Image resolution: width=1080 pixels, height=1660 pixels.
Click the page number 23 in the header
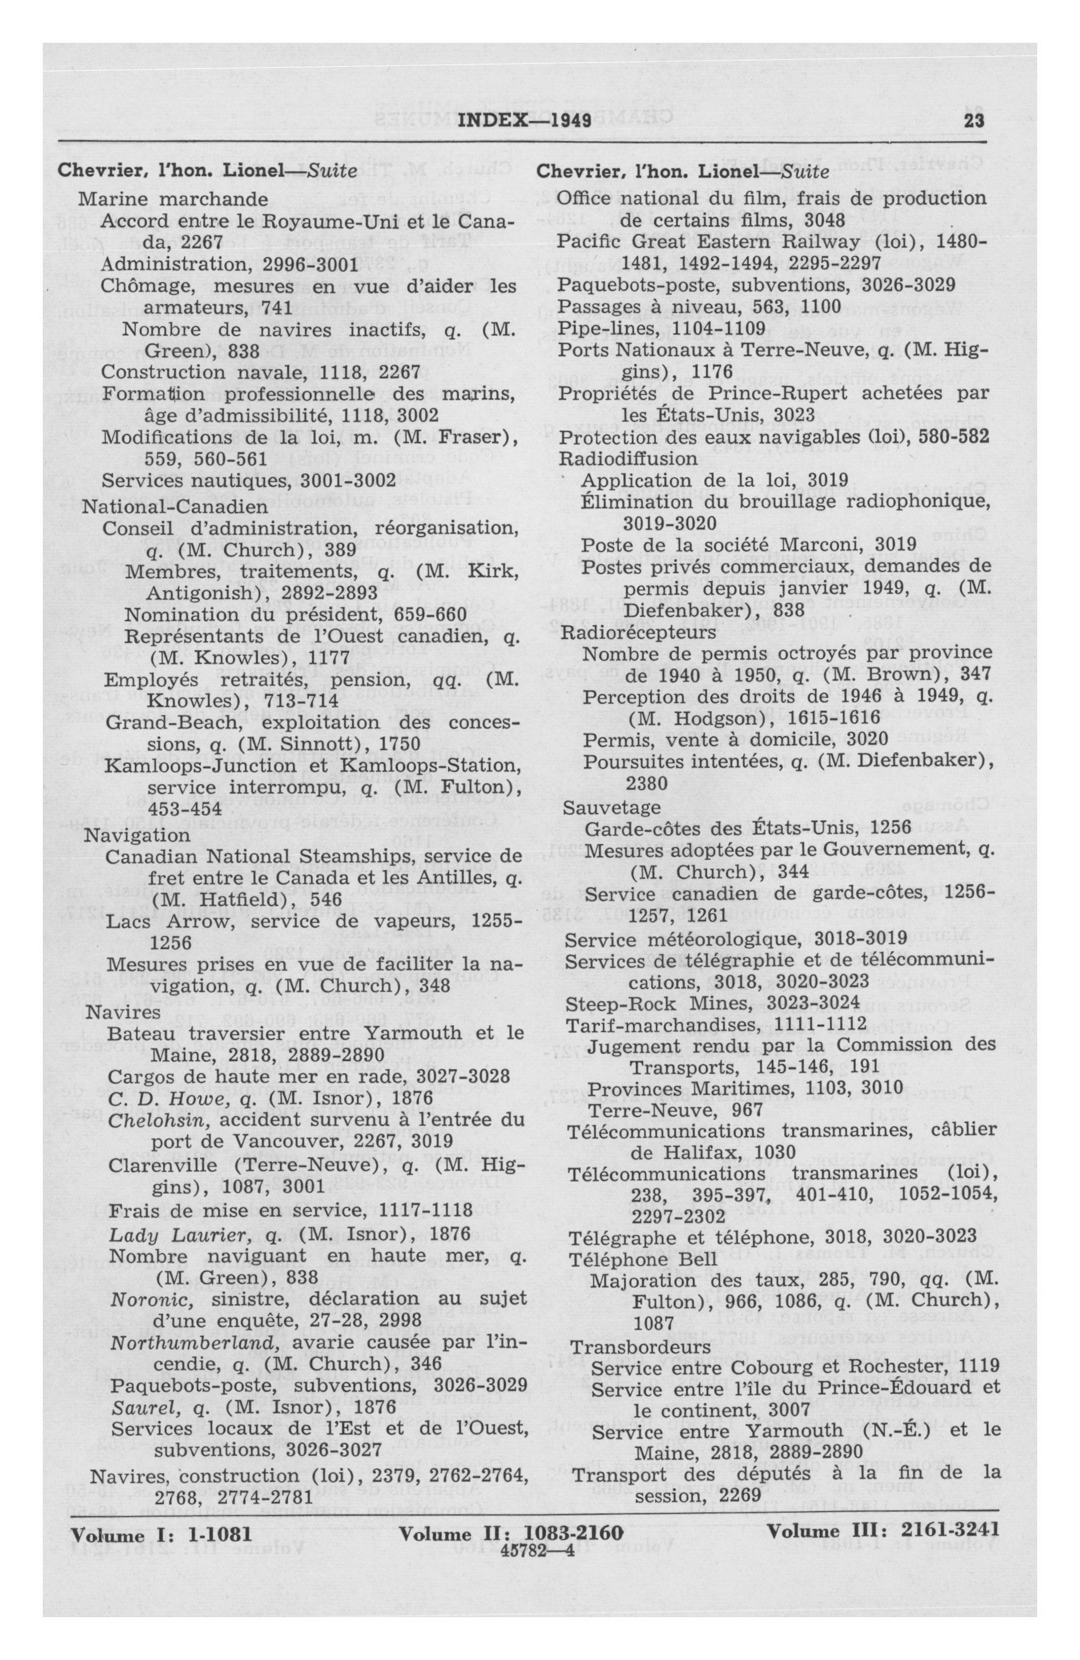pyautogui.click(x=973, y=120)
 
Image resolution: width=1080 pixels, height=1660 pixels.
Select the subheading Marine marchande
pyautogui.click(x=172, y=199)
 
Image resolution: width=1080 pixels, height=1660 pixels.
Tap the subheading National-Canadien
pyautogui.click(x=175, y=506)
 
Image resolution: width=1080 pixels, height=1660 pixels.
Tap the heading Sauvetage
pyautogui.click(x=611, y=808)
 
